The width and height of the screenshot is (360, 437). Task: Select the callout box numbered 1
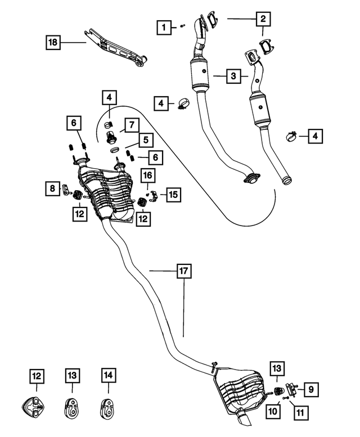point(163,26)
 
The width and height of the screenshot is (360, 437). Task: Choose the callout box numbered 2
point(262,19)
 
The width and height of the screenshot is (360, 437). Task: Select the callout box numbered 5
point(145,138)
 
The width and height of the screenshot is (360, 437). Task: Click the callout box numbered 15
point(173,194)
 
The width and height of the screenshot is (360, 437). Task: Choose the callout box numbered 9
point(311,388)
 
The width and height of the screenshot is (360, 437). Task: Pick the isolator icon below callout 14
point(108,406)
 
